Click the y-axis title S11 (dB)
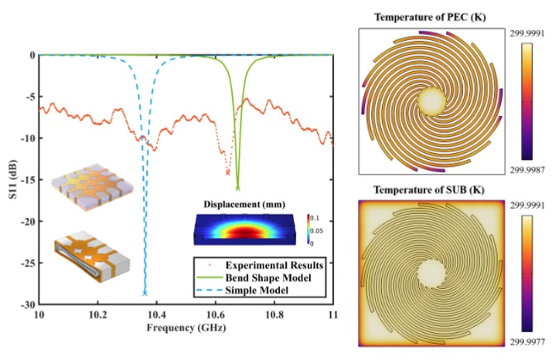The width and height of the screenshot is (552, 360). pyautogui.click(x=9, y=179)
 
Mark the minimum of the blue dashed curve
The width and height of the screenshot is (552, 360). pyautogui.click(x=145, y=294)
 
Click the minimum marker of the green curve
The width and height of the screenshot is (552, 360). pyautogui.click(x=238, y=188)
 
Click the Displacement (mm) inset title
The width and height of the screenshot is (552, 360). pyautogui.click(x=240, y=204)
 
